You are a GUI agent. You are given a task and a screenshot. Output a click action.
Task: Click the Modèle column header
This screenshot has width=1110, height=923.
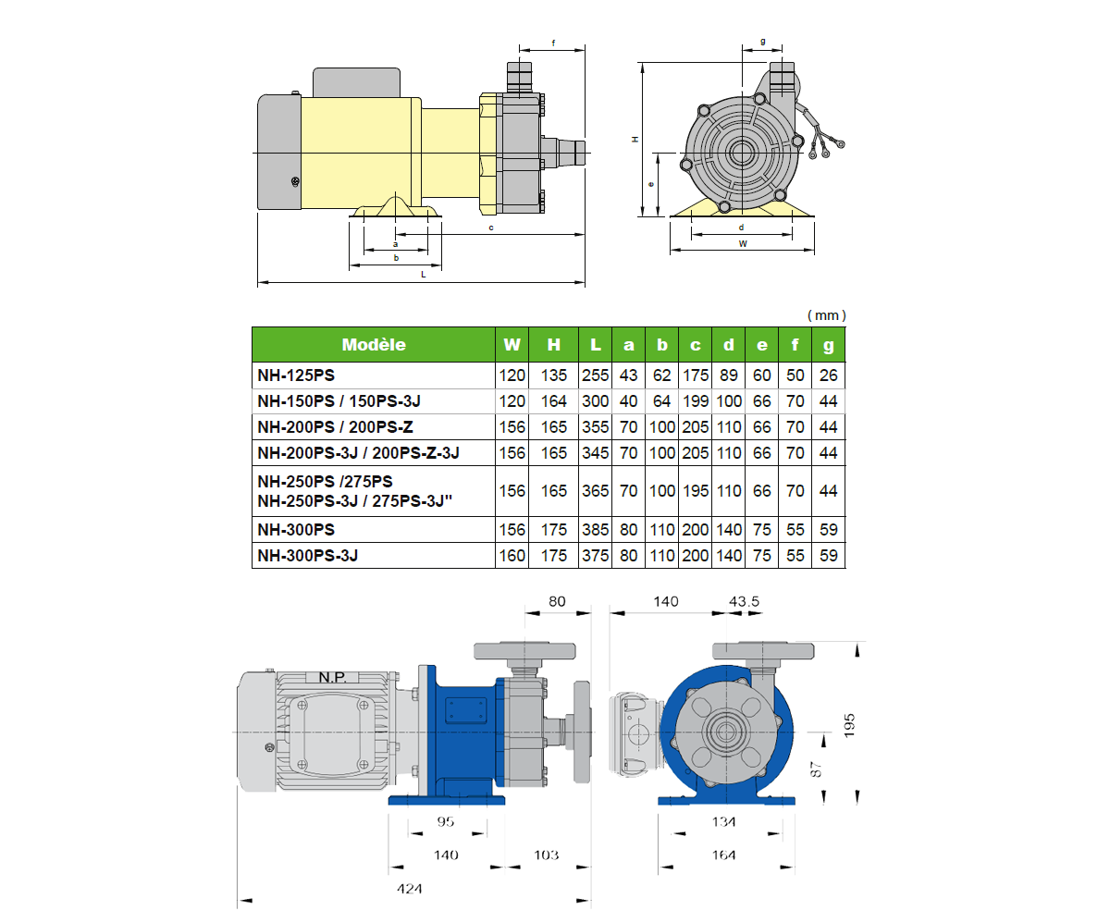[374, 345]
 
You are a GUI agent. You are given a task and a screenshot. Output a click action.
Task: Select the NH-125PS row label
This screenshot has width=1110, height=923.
[296, 375]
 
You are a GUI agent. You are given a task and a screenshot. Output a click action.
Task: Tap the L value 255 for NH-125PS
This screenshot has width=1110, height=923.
[595, 375]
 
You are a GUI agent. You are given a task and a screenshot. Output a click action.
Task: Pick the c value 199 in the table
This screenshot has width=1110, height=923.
[696, 401]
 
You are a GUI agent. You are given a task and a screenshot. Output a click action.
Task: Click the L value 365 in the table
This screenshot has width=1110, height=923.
[595, 491]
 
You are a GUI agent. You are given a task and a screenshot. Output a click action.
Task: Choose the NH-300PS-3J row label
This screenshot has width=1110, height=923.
[308, 556]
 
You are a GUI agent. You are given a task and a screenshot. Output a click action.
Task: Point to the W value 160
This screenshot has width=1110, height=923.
[512, 556]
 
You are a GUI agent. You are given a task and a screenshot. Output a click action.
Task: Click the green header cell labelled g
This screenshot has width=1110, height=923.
[828, 345]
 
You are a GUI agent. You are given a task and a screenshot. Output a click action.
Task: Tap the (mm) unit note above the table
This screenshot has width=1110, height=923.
[827, 315]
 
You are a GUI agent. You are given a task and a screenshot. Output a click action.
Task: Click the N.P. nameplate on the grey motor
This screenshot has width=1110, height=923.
[332, 677]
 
